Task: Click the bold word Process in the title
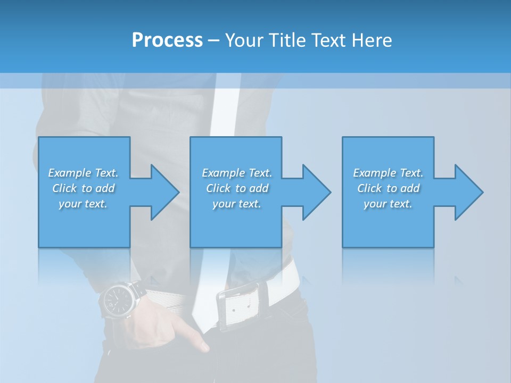pos(167,40)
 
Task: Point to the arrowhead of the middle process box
pos(316,192)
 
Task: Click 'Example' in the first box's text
pos(70,173)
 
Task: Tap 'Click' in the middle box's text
pos(218,188)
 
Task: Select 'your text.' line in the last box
pos(388,204)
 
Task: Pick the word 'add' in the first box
pos(105,188)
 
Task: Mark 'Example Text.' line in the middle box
pos(237,173)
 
